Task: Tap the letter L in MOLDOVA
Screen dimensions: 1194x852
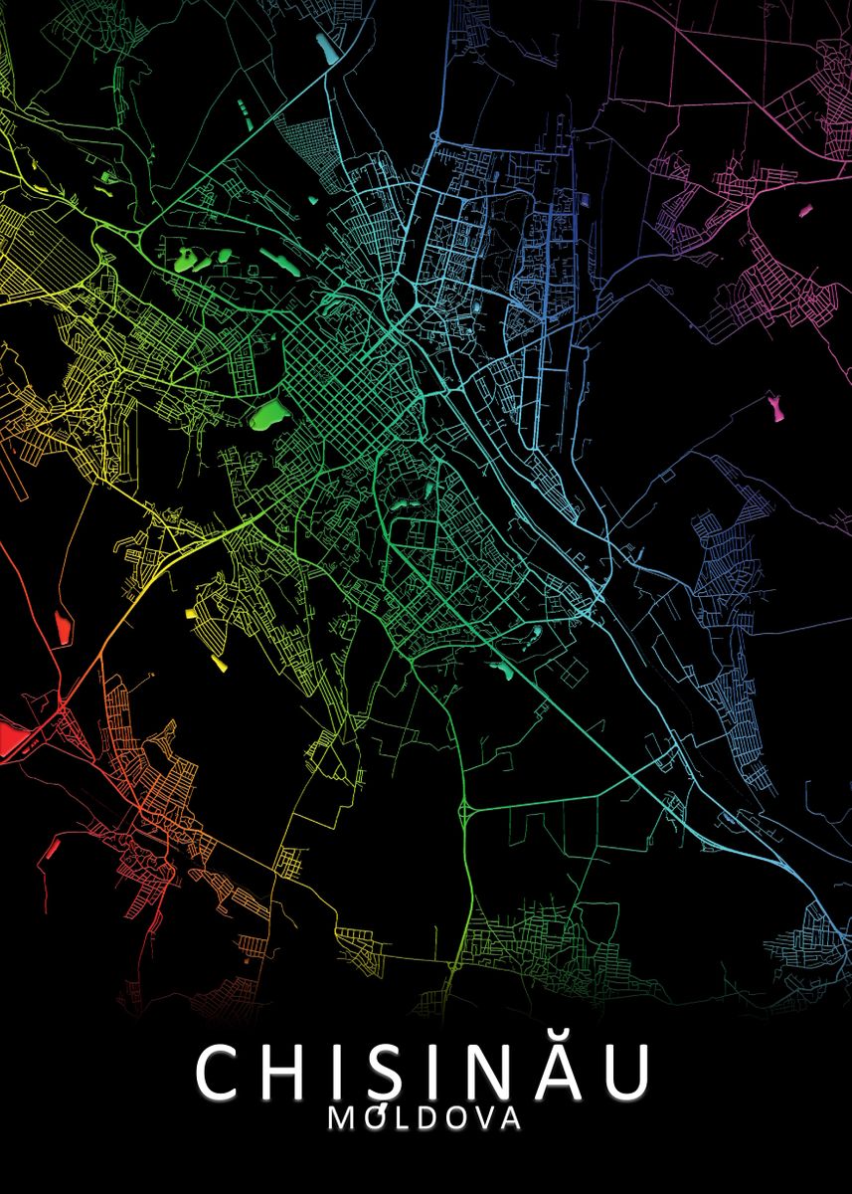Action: click(401, 1118)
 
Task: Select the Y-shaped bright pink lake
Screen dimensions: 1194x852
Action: click(774, 406)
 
